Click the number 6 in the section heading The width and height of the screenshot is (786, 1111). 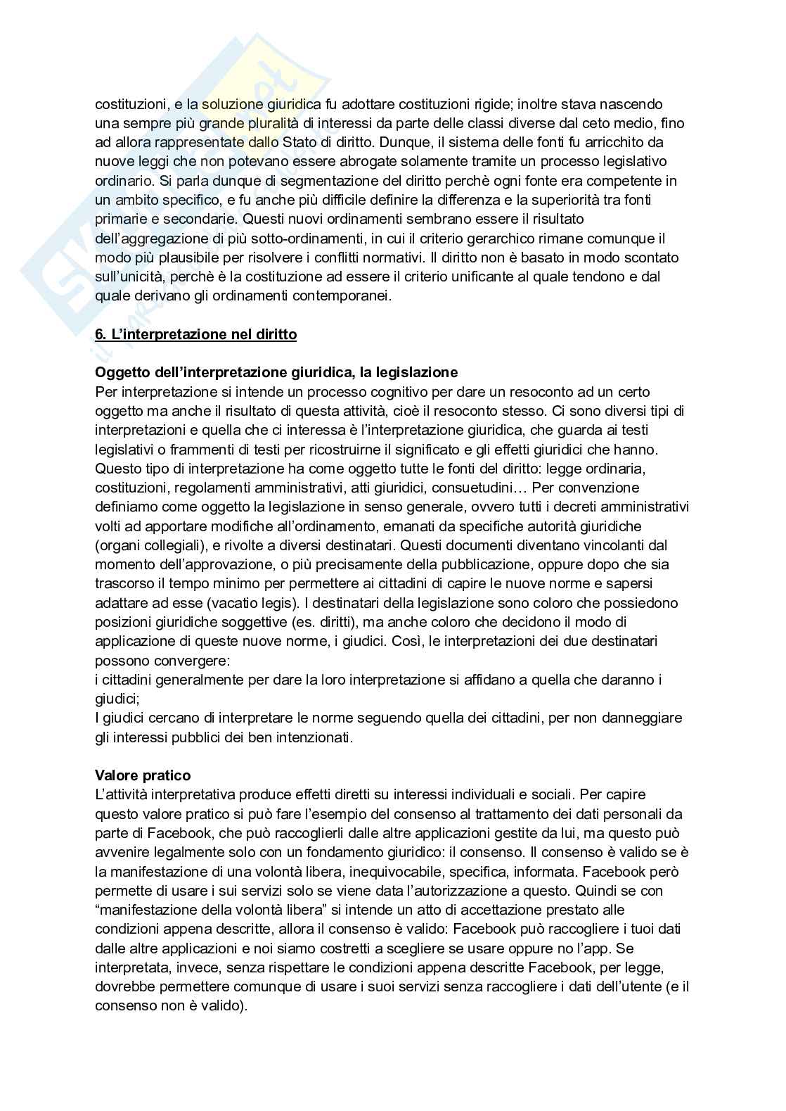tap(99, 334)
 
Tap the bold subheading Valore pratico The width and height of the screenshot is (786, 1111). tap(143, 775)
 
